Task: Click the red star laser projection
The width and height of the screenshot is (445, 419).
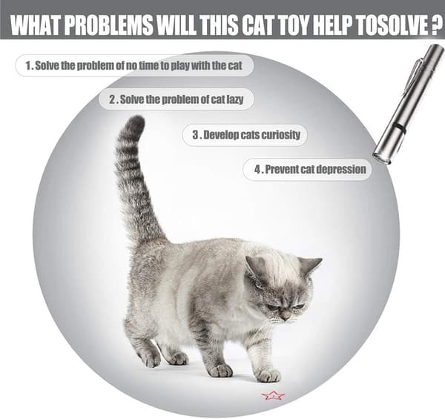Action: click(x=273, y=395)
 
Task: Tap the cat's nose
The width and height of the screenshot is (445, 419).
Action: click(x=286, y=314)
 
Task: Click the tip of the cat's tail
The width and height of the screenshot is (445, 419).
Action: click(x=137, y=119)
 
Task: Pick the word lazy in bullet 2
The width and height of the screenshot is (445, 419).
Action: click(x=234, y=99)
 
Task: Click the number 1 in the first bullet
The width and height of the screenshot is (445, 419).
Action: click(x=28, y=66)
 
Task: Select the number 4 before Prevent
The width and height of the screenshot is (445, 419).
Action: click(x=257, y=169)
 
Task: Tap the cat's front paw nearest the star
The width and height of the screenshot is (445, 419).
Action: click(x=268, y=375)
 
